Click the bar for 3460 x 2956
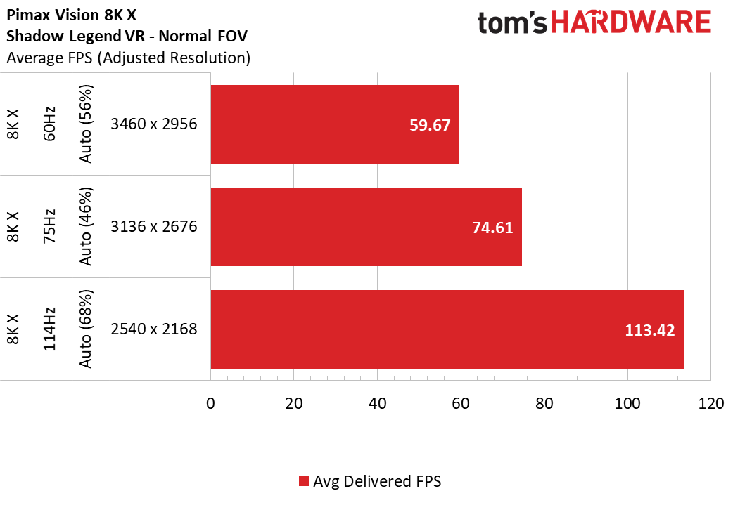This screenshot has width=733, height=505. (x=335, y=124)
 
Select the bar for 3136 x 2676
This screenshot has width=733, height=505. (x=366, y=227)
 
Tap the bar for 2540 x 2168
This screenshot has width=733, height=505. (x=447, y=329)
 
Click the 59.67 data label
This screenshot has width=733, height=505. (x=430, y=125)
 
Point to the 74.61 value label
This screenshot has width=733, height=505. (x=492, y=228)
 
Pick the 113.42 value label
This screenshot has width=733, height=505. (x=650, y=330)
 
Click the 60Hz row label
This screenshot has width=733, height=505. (x=49, y=124)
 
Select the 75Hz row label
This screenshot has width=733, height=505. (x=49, y=226)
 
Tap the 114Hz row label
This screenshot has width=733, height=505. (x=49, y=329)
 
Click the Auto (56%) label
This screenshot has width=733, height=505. (x=86, y=124)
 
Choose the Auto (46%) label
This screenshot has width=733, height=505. (x=86, y=226)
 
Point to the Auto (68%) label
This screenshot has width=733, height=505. (x=86, y=329)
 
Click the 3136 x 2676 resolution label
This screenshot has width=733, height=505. (x=154, y=226)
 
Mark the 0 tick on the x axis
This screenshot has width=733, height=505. (x=210, y=403)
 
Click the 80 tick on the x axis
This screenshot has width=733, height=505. (x=544, y=403)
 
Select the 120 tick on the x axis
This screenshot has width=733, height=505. (x=711, y=403)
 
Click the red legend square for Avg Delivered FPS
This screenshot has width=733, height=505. (x=304, y=481)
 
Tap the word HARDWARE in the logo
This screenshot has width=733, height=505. (x=631, y=22)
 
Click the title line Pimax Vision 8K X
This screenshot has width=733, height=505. (x=72, y=15)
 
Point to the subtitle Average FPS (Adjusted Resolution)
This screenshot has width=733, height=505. (x=129, y=58)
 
